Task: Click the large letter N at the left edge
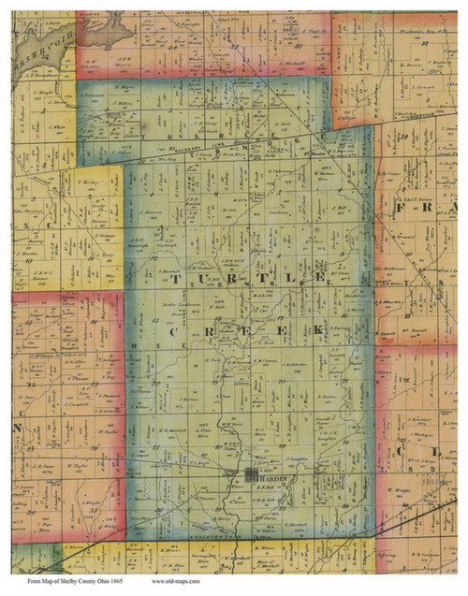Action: point(16,424)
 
